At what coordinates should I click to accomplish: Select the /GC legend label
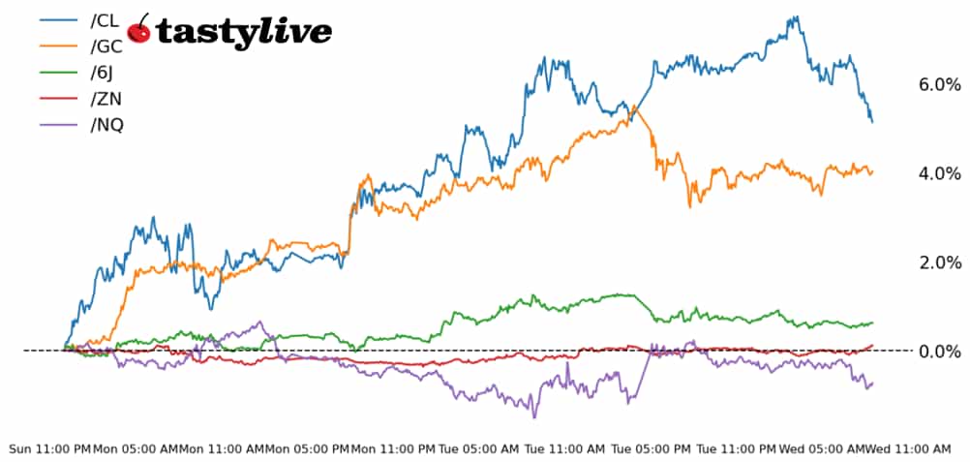pos(106,46)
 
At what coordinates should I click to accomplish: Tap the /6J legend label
pos(104,73)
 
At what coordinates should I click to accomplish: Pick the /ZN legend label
pos(106,99)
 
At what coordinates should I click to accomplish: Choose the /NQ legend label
pos(106,125)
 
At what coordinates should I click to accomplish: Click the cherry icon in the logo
pos(139,31)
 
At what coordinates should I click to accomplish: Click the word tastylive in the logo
pos(243,33)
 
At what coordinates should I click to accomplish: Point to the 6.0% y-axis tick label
pos(939,85)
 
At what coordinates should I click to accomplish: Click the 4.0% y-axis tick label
pos(939,174)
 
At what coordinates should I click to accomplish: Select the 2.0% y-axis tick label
pos(939,262)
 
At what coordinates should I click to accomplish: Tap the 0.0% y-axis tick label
pos(939,352)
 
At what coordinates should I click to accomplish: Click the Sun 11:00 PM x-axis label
pos(49,449)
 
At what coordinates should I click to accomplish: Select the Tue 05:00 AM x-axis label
pos(479,449)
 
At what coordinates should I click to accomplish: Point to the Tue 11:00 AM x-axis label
pos(564,449)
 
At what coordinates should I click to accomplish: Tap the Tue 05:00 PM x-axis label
pos(651,449)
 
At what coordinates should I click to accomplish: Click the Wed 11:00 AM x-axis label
pos(908,449)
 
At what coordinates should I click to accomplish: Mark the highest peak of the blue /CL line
pos(795,16)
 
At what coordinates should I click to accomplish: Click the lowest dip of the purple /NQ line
pos(533,417)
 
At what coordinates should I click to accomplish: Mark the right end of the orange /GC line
pos(872,172)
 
